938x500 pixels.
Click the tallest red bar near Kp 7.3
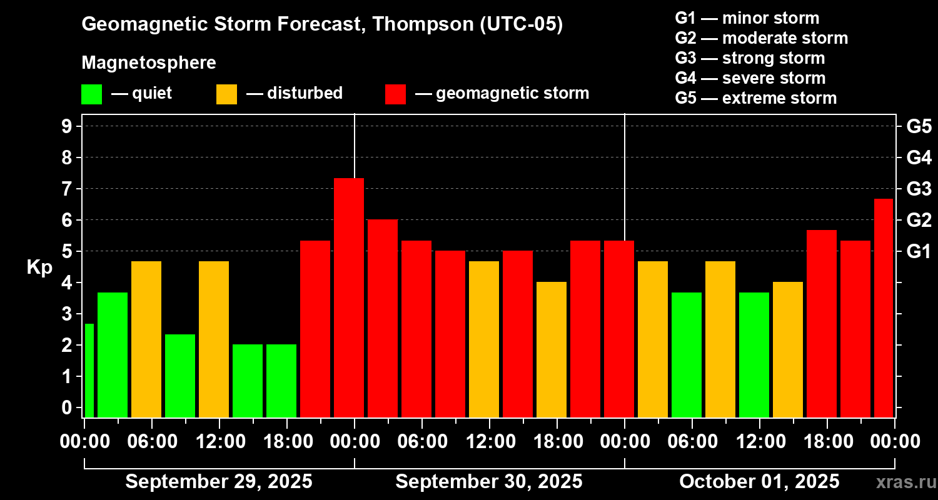(x=349, y=297)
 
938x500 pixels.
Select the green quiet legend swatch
(x=91, y=94)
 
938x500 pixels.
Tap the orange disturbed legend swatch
(x=226, y=94)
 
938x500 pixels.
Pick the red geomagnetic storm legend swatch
(x=395, y=94)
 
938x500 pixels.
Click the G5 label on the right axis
(x=919, y=126)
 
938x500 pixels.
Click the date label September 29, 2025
(x=219, y=482)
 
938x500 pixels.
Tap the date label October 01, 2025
(x=759, y=482)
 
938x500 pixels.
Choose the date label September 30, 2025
(x=489, y=482)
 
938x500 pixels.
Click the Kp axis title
(x=39, y=267)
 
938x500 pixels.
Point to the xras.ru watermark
(x=904, y=482)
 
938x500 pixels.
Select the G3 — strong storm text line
(x=750, y=58)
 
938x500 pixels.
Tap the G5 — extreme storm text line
(x=755, y=98)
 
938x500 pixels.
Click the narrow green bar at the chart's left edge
(x=89, y=370)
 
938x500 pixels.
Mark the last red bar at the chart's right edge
(x=884, y=307)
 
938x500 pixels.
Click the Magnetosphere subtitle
(x=149, y=63)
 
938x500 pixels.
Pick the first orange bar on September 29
(x=146, y=339)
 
